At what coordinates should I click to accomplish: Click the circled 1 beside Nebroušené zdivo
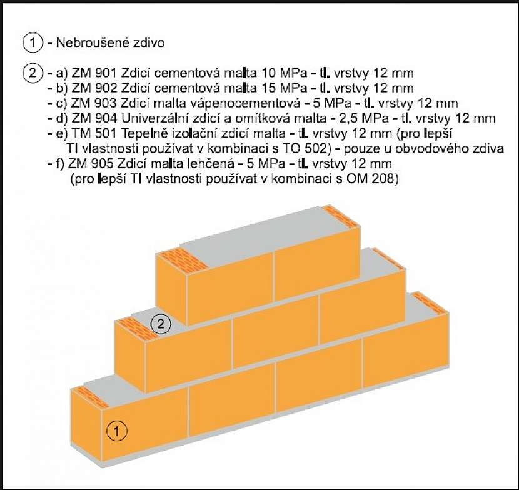33,43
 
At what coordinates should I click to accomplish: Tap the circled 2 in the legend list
33,72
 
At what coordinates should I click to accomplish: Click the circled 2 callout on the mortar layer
161,324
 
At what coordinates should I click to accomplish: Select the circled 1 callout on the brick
116,431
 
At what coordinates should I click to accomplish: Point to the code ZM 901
94,73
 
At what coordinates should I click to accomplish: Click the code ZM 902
94,88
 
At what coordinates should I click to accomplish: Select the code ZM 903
94,103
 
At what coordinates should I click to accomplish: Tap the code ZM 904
94,118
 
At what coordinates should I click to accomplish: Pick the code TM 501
94,133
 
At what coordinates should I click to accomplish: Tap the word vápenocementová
244,104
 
